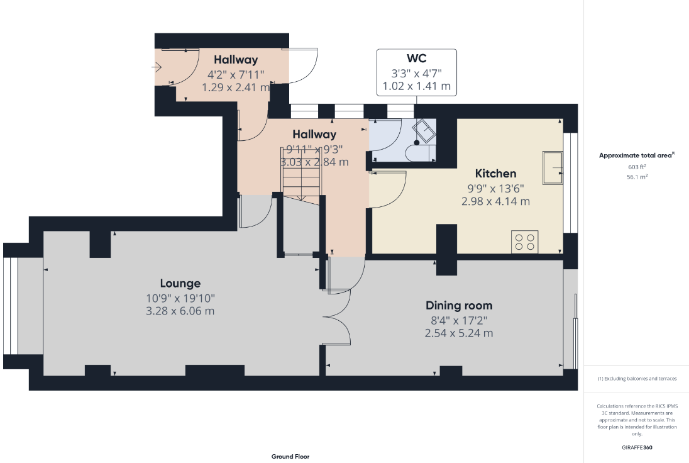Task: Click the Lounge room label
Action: pyautogui.click(x=180, y=284)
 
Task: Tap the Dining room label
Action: pyautogui.click(x=459, y=306)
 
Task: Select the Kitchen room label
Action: pyautogui.click(x=495, y=174)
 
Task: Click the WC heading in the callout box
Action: pyautogui.click(x=417, y=59)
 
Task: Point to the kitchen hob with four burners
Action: pyautogui.click(x=525, y=242)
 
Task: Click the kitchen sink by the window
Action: pyautogui.click(x=553, y=167)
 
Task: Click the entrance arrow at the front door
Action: pyautogui.click(x=157, y=67)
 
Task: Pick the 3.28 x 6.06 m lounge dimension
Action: pyautogui.click(x=180, y=311)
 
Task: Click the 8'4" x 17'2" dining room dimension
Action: pyautogui.click(x=459, y=321)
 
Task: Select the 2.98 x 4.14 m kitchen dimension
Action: pyautogui.click(x=495, y=201)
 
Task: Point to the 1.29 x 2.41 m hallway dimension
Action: pyautogui.click(x=236, y=87)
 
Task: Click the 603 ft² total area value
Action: pyautogui.click(x=637, y=167)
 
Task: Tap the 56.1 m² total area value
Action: pyautogui.click(x=637, y=177)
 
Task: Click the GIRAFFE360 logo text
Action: pyautogui.click(x=637, y=448)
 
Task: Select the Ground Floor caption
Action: pyautogui.click(x=290, y=457)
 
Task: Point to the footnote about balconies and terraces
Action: pyautogui.click(x=637, y=379)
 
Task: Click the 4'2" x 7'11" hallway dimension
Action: pyautogui.click(x=236, y=75)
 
